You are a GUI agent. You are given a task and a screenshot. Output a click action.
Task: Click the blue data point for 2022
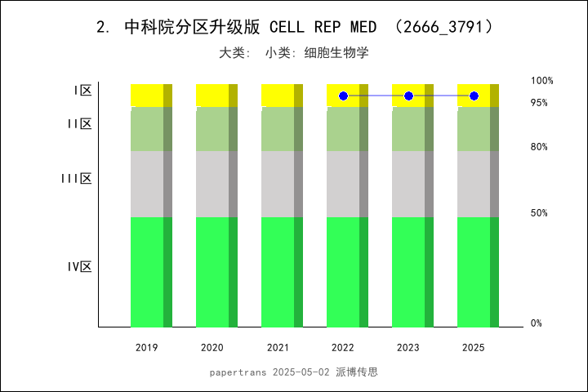point(343,96)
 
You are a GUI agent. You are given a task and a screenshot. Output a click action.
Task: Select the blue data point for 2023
point(408,96)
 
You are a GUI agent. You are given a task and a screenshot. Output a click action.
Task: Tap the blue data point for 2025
point(474,96)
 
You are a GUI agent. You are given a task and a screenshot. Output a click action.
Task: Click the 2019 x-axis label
point(147,348)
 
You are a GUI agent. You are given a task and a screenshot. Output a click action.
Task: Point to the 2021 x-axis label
point(278,348)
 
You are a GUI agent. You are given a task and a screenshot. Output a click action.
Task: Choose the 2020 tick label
point(212,348)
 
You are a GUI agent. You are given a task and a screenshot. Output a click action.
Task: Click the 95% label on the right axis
point(538,103)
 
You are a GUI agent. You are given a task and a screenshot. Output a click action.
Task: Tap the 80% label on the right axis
point(538,147)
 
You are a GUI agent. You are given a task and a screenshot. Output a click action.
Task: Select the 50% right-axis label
point(538,213)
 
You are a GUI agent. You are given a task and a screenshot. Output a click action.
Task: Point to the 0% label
point(536,323)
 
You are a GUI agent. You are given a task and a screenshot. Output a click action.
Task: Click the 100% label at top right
point(541,81)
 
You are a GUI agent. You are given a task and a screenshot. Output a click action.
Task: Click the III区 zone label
point(76,179)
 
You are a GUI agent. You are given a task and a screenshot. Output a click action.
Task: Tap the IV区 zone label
point(79,267)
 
